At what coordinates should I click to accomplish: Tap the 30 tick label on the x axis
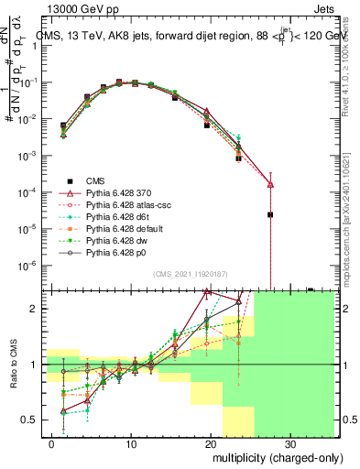(x=289, y=443)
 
